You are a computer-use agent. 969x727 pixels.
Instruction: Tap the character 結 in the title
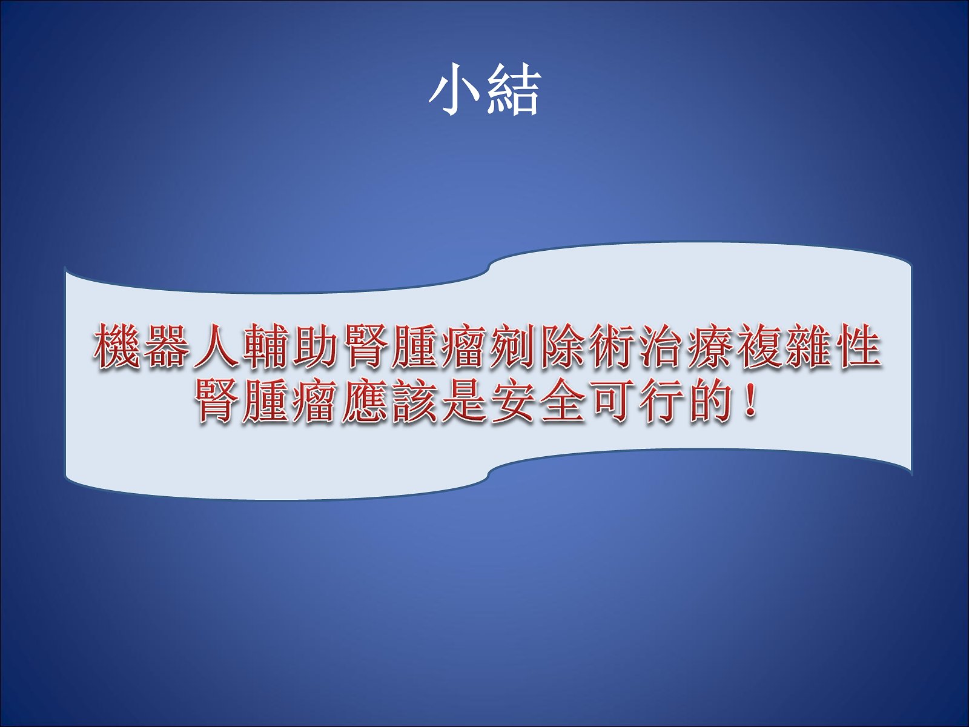coord(514,90)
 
